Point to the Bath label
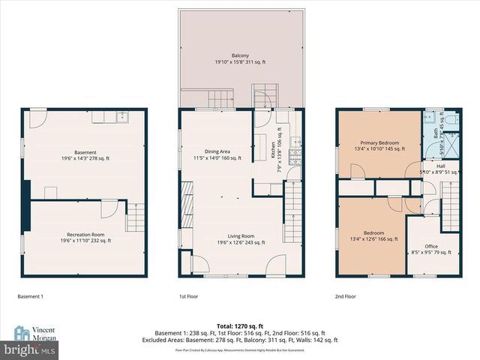tap(436, 133)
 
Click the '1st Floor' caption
tap(188, 296)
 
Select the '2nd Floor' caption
tap(346, 296)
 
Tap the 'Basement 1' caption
tap(31, 296)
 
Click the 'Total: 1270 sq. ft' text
tap(240, 325)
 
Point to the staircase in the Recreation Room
tap(134, 217)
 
